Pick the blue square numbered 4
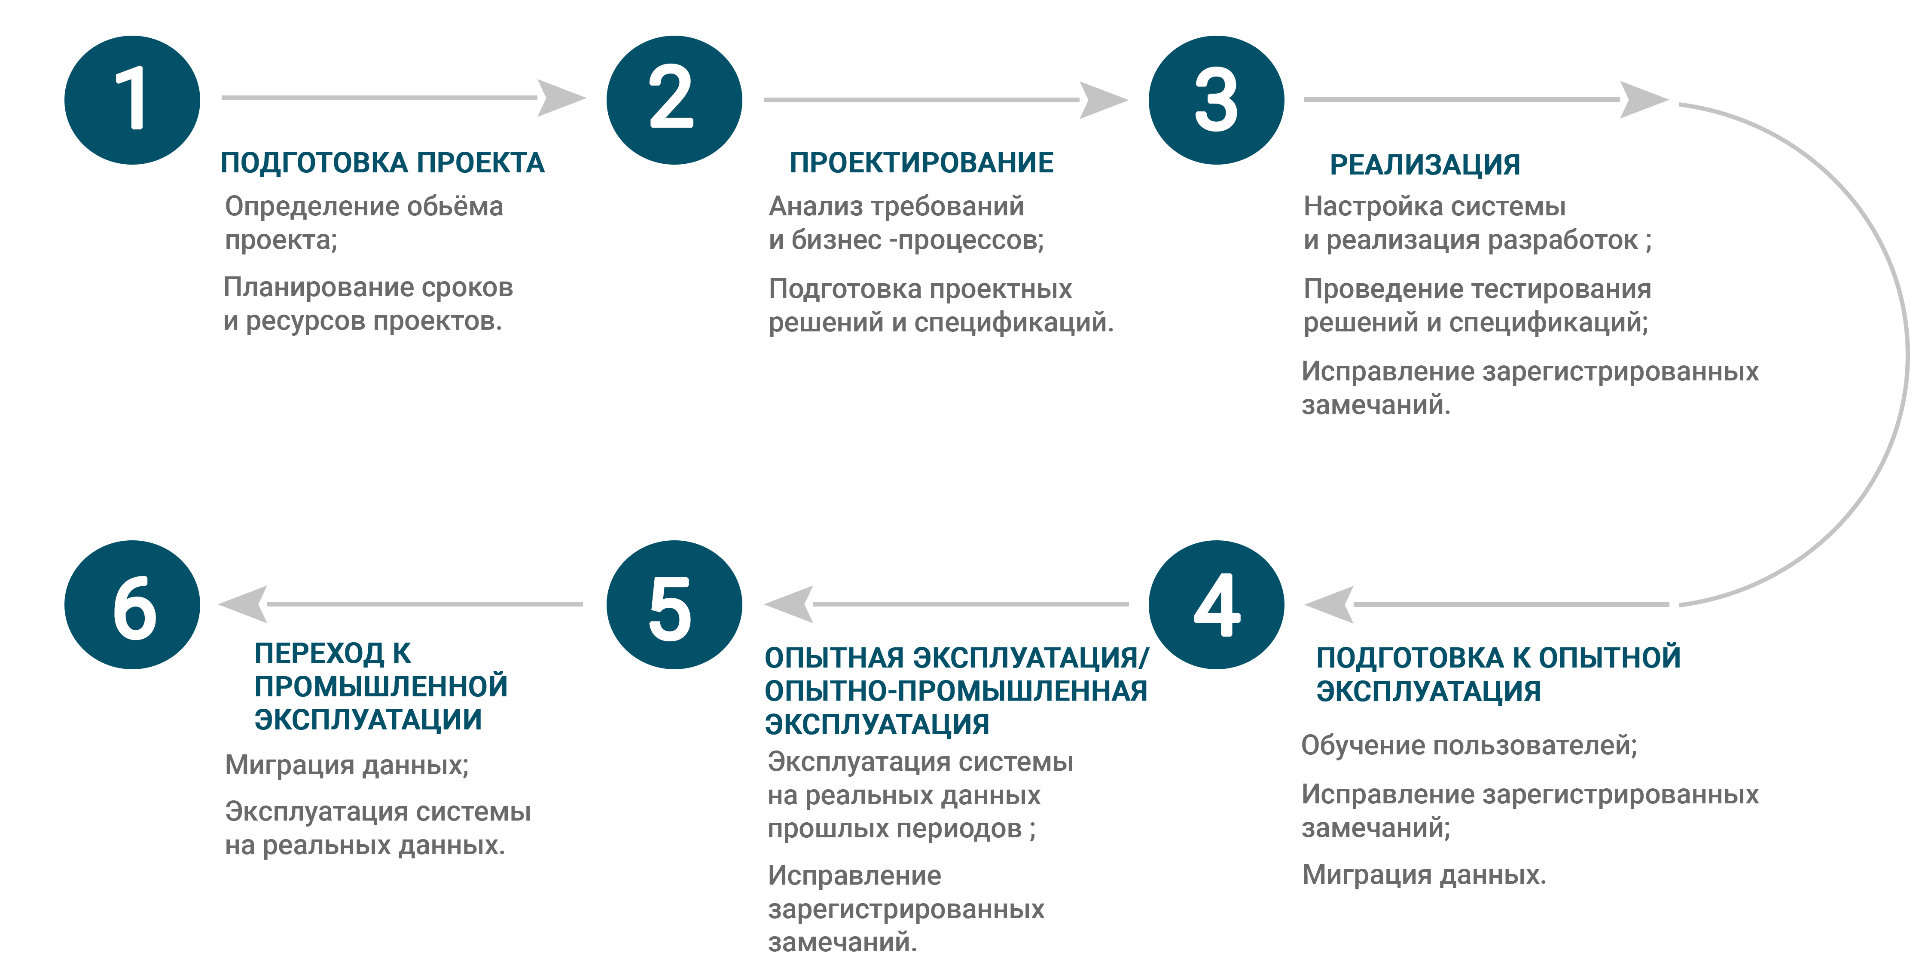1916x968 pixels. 1216,604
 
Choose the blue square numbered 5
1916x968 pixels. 674,604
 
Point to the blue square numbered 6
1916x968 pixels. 132,604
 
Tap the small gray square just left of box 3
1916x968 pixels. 1104,100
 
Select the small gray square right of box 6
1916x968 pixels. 242,604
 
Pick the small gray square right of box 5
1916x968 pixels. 788,604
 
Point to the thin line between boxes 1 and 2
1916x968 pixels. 379,98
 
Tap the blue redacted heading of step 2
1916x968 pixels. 922,162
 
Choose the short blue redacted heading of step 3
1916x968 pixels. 1425,166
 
